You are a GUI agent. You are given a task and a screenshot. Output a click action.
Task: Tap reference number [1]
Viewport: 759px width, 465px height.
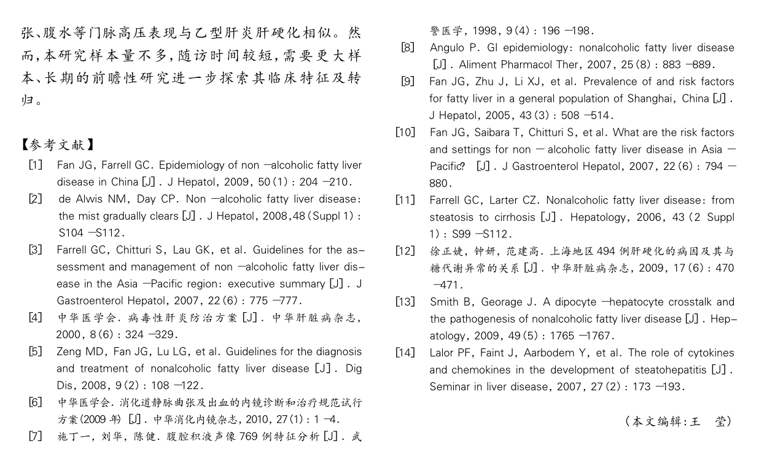click(x=36, y=165)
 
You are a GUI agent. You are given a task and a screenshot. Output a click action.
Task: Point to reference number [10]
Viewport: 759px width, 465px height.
click(x=406, y=132)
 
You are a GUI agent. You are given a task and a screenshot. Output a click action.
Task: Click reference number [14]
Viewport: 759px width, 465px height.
click(x=406, y=353)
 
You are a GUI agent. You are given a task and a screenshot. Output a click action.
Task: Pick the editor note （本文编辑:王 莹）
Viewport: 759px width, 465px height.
click(x=679, y=421)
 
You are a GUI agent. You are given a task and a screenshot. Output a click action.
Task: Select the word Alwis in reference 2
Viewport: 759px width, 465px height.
click(x=93, y=199)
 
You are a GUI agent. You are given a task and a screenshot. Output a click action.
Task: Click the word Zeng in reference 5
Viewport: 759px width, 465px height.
click(x=69, y=352)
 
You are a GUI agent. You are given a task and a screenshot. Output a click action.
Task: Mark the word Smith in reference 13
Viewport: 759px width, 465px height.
click(x=444, y=302)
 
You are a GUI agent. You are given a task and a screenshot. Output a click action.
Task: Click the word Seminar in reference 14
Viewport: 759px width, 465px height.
click(x=450, y=386)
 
